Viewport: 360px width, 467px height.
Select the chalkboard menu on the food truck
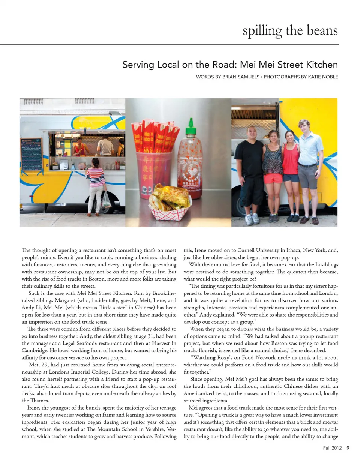point(31,154)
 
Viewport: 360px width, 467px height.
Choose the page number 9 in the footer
point(348,448)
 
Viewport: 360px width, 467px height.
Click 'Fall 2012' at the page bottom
point(332,448)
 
